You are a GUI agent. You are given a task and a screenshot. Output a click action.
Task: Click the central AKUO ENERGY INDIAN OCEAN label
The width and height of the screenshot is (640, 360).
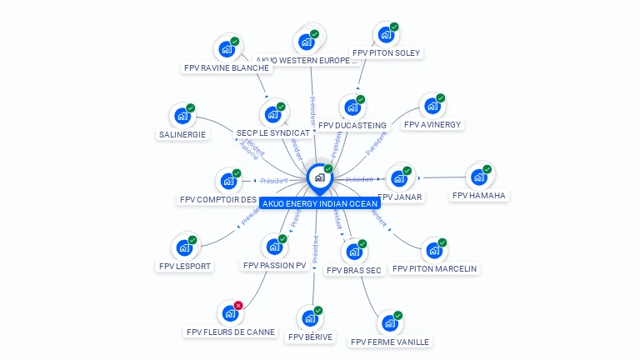[320, 203]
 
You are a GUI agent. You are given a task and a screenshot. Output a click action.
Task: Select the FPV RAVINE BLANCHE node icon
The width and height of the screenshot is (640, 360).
[226, 48]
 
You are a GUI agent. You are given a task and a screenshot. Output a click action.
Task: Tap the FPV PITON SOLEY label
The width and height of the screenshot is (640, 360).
[387, 52]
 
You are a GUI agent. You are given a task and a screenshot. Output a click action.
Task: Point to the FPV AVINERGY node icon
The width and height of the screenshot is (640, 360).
[431, 106]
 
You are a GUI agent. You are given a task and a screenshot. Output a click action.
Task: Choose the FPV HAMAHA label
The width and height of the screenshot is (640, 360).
[479, 196]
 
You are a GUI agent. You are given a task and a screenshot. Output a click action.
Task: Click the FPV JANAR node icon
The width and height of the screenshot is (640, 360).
[400, 178]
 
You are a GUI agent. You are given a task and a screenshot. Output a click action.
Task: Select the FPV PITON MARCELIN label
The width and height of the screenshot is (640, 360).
[434, 269]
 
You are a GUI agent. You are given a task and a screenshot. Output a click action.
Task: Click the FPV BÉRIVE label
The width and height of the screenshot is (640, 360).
[310, 337]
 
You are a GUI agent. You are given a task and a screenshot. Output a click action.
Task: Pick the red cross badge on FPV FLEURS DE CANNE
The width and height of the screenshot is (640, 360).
[238, 306]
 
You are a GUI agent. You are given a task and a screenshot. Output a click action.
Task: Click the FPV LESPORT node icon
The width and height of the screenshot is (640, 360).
[183, 248]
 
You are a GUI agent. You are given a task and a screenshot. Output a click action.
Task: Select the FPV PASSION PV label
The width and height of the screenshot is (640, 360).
[275, 266]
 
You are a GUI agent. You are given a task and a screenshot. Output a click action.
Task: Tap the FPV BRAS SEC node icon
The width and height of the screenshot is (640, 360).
[353, 252]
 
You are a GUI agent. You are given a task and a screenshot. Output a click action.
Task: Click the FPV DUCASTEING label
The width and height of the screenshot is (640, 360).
[352, 126]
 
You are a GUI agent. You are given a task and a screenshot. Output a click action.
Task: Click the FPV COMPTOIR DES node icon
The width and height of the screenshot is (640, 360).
[227, 181]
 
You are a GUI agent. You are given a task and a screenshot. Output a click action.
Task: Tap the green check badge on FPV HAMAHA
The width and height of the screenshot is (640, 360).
[487, 169]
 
